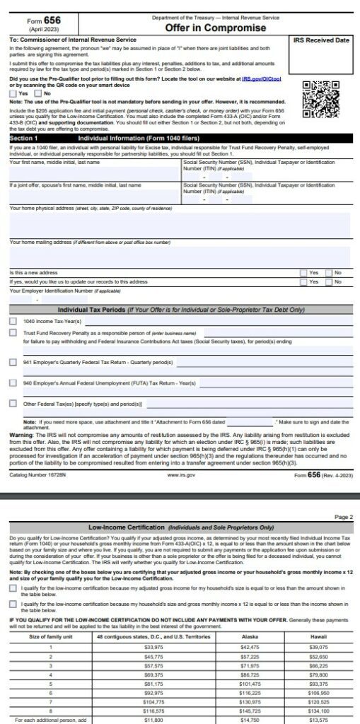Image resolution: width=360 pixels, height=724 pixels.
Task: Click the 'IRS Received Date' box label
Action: pos(322,41)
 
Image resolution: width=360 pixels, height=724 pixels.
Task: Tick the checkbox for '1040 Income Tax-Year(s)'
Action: pos(13,320)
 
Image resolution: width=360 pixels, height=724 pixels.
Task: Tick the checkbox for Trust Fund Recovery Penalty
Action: pos(13,332)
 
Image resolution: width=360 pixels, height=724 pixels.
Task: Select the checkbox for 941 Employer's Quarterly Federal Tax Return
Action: pos(13,362)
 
